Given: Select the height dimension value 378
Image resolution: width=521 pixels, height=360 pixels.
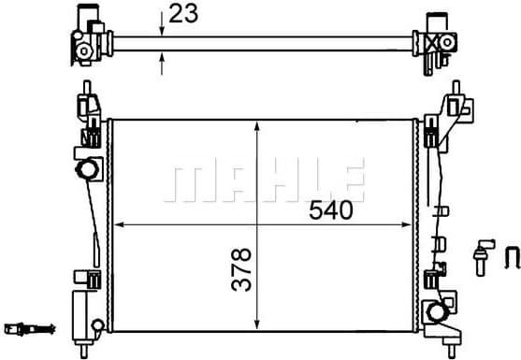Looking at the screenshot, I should (242, 268).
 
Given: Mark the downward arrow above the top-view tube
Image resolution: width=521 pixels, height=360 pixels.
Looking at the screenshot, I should (163, 27).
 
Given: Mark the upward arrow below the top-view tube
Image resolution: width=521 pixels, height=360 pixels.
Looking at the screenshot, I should (163, 60).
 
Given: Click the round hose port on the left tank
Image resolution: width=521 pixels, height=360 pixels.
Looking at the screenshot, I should (88, 170).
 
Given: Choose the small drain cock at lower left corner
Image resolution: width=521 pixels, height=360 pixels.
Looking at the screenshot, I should (97, 324).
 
